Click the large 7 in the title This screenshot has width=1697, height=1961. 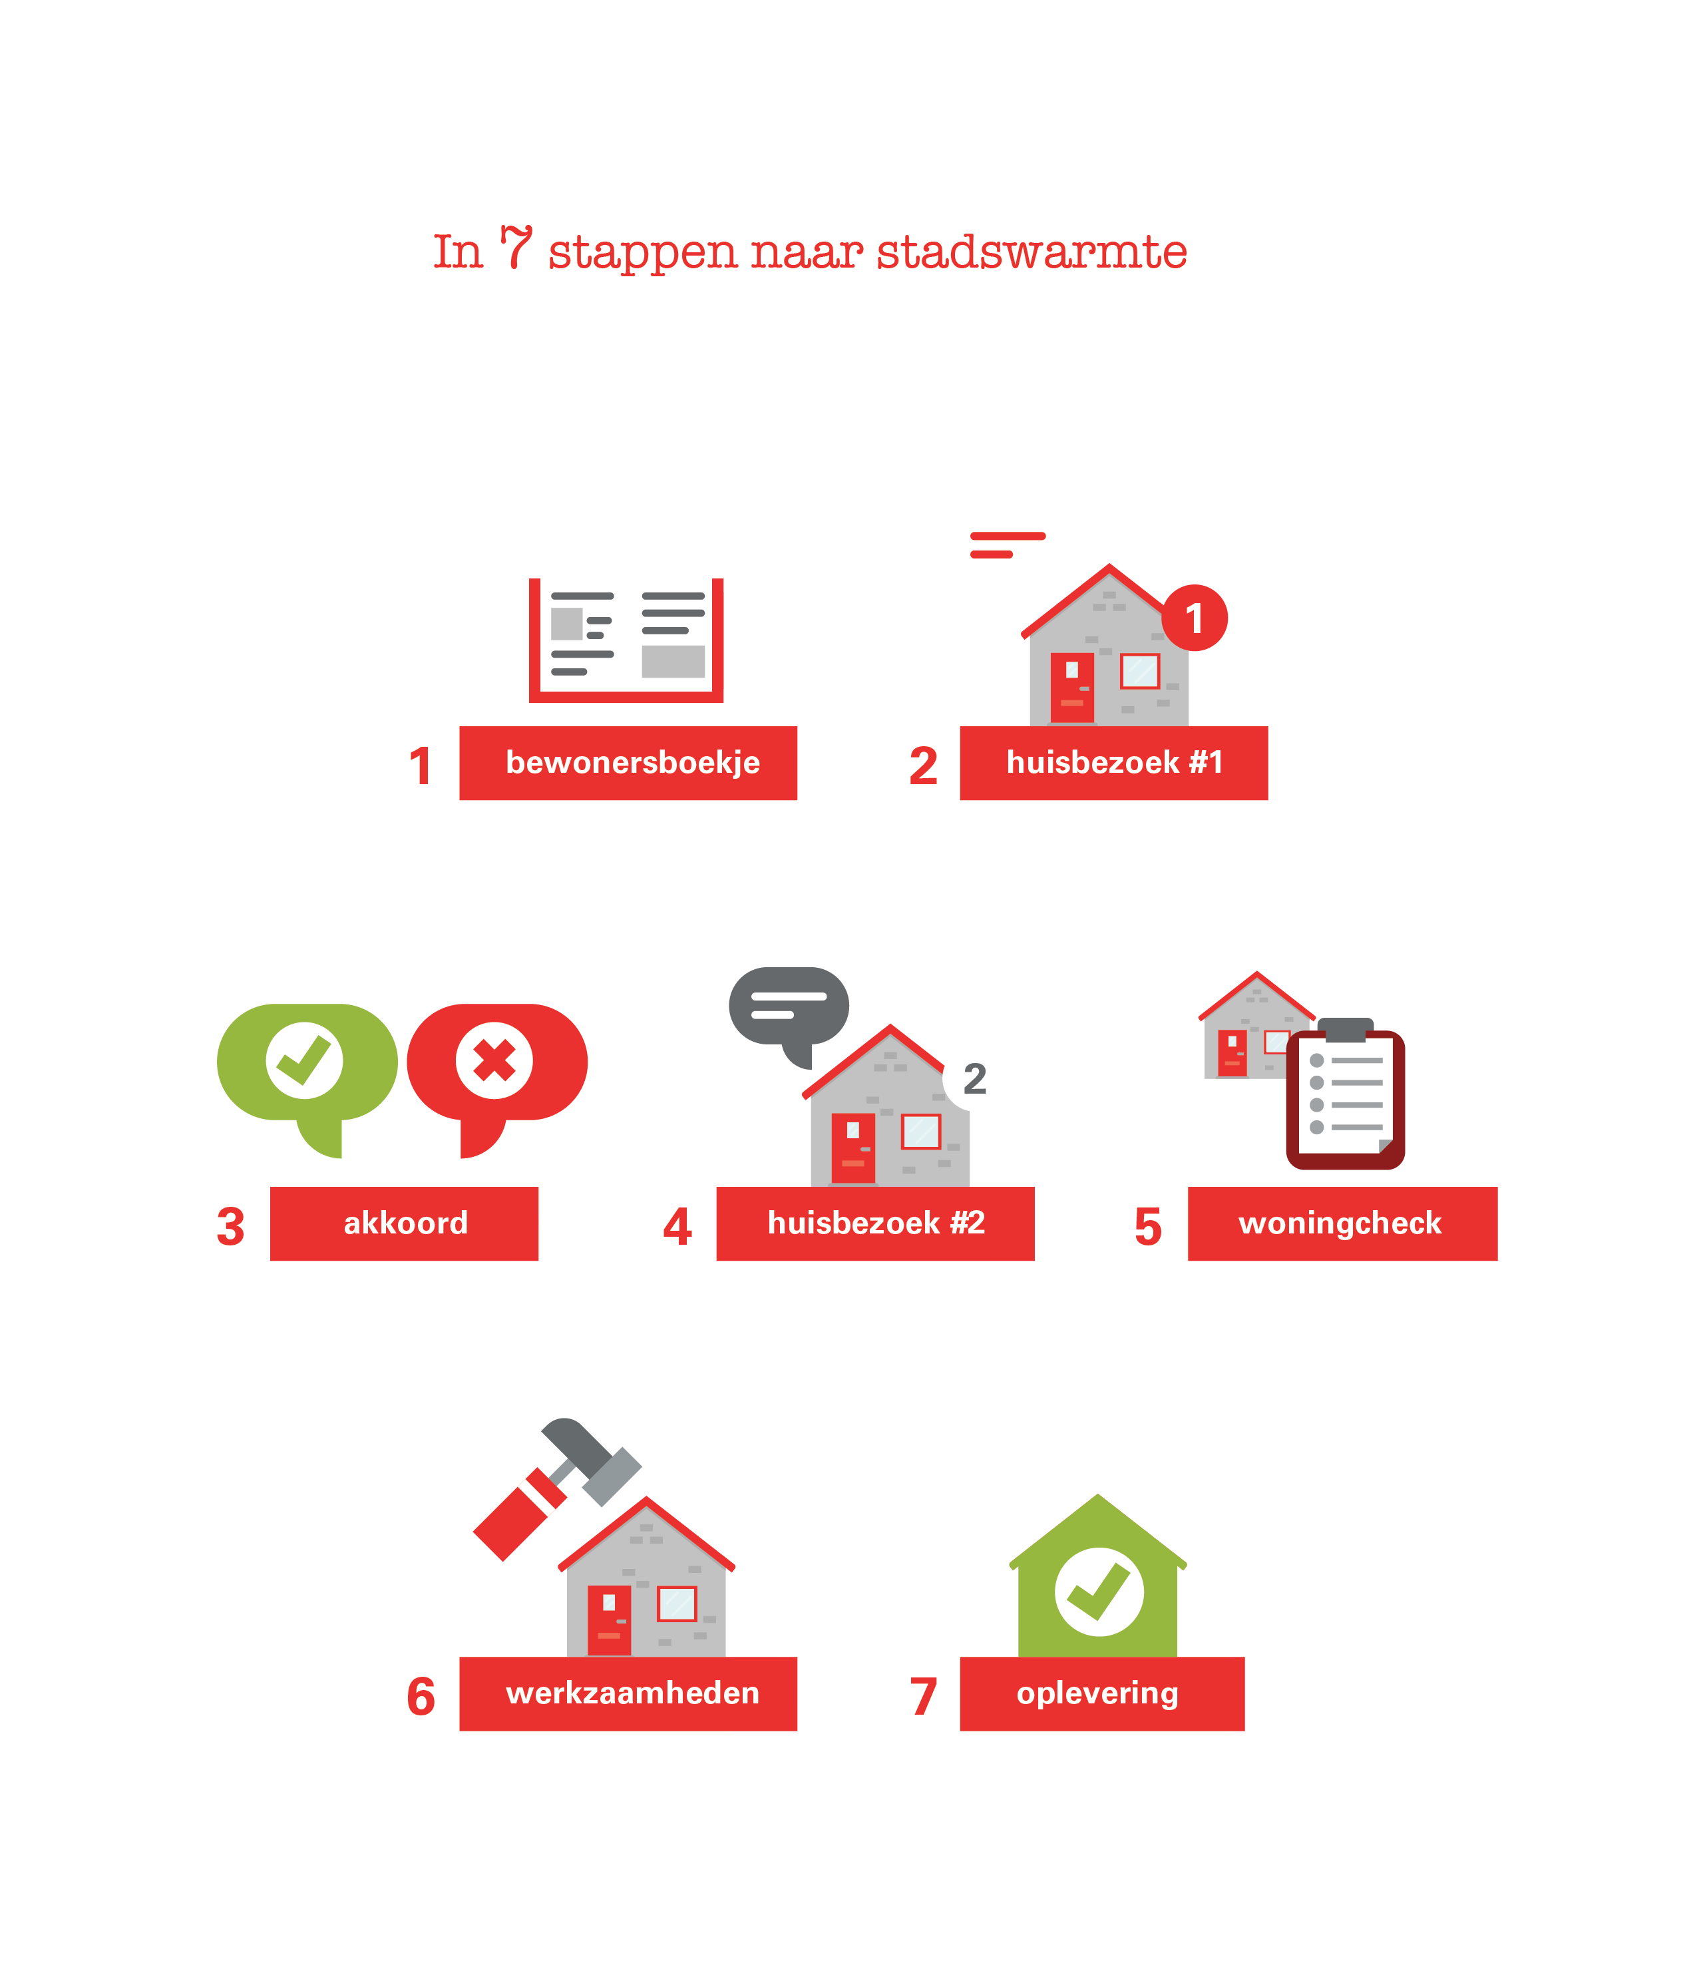516,248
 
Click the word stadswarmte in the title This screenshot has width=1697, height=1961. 1032,252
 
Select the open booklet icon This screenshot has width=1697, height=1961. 626,640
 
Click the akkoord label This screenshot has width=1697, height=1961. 405,1223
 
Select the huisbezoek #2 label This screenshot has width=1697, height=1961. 875,1223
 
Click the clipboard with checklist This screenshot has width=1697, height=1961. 1345,1099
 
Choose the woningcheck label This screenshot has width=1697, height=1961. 1342,1223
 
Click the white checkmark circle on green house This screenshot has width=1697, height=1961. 1099,1592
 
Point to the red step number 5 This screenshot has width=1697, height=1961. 1148,1227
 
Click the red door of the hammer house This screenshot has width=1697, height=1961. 609,1620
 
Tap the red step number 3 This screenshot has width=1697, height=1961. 230,1227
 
